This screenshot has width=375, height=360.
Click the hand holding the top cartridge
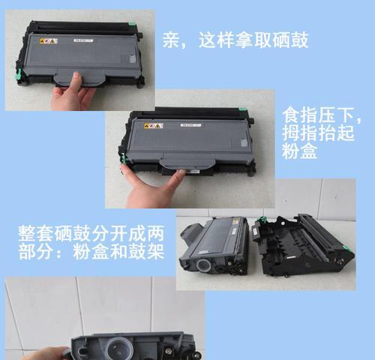tap(73, 95)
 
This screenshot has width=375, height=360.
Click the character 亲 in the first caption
tap(172, 40)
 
